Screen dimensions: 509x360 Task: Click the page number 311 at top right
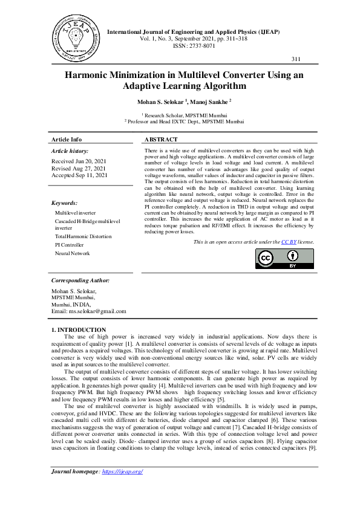(x=296, y=59)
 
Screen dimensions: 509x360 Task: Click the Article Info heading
(x=67, y=139)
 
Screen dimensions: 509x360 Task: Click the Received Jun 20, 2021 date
(x=79, y=161)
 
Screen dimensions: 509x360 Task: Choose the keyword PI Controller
(x=70, y=245)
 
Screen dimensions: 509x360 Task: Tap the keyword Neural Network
(x=73, y=253)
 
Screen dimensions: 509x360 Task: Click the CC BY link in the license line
(x=288, y=242)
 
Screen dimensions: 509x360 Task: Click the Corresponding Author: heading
(x=80, y=280)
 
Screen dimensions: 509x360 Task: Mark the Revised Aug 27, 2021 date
(x=77, y=168)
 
